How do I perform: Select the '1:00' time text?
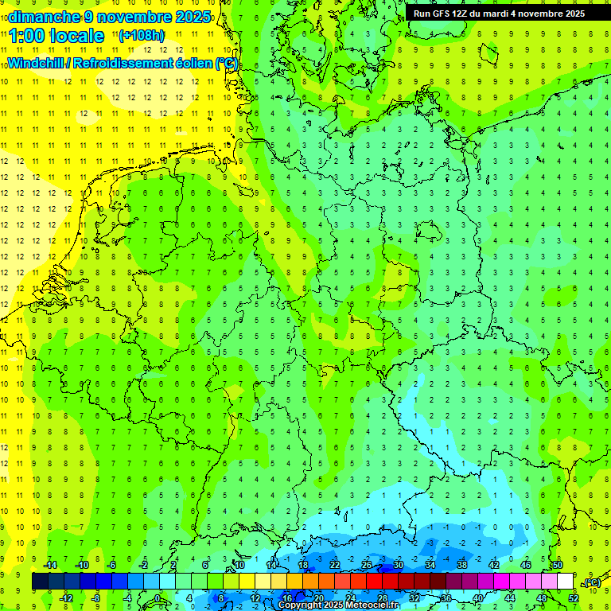point(26,36)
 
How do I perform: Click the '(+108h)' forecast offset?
point(142,36)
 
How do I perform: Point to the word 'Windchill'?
point(35,63)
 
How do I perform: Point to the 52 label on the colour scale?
point(573,598)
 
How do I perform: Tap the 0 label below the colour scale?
point(158,598)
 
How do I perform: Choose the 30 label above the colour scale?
point(398,565)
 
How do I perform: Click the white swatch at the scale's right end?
point(565,582)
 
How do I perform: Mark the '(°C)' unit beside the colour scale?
point(591,582)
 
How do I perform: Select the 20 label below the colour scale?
point(318,598)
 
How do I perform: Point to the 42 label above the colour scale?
point(494,565)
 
